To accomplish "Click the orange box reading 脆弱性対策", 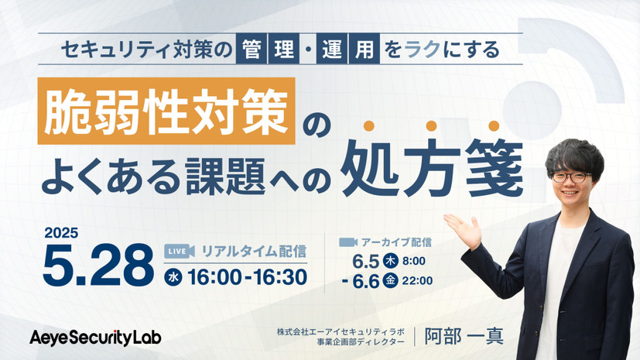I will coord(166,112).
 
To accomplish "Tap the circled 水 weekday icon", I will coord(174,276).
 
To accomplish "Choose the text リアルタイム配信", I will coord(253,250).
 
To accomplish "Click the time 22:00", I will coord(417,281).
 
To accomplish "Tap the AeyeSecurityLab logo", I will coord(95,337).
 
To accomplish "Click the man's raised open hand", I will coord(462,228).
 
